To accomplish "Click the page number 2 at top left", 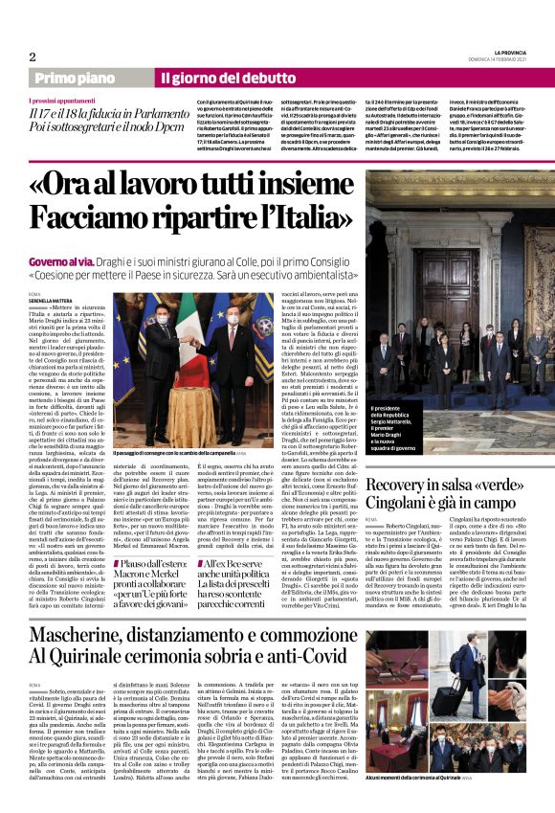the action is (33, 56).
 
